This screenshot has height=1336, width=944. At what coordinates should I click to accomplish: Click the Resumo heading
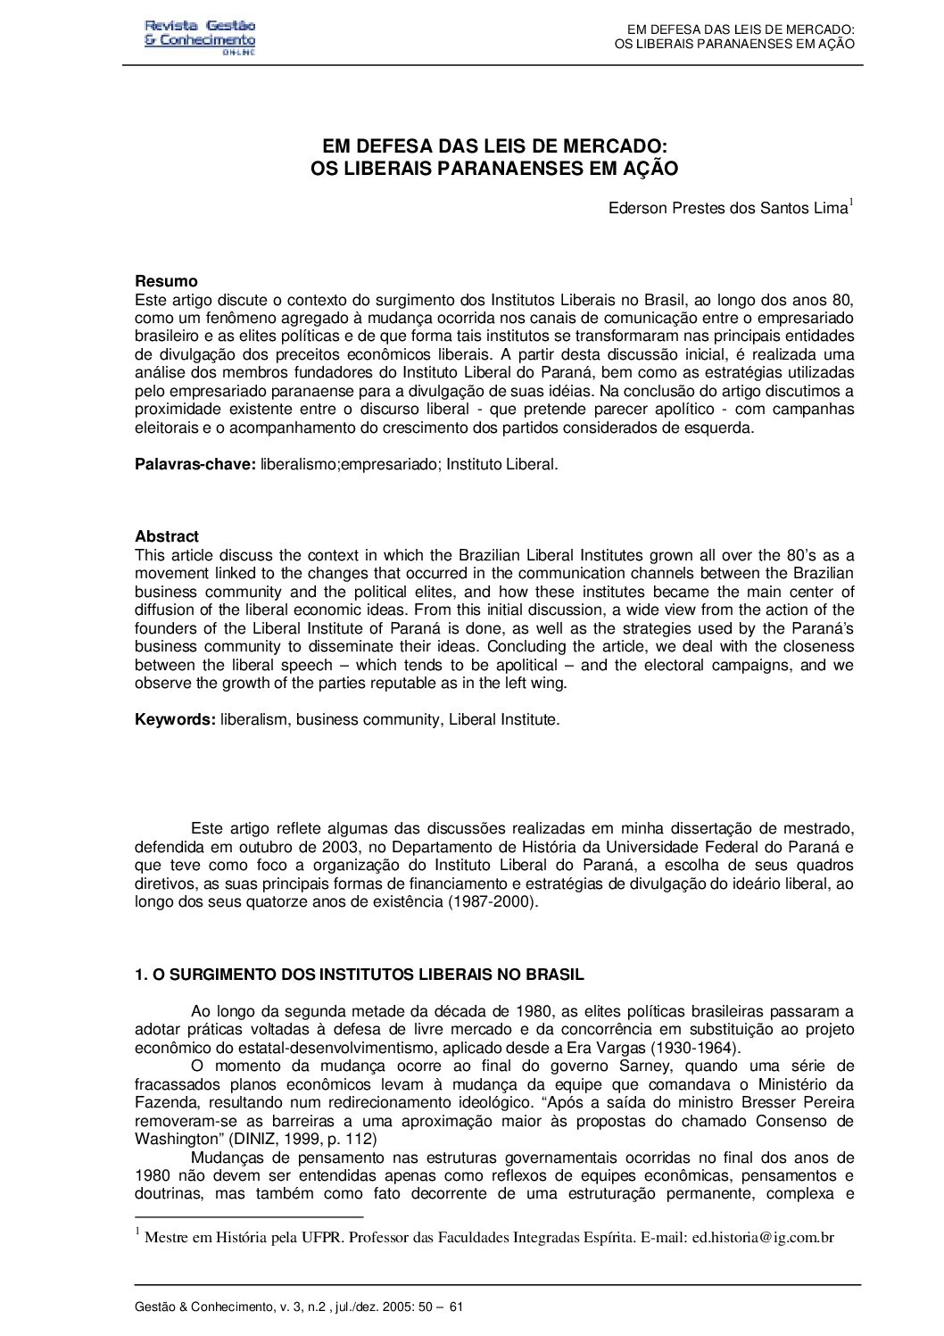click(x=166, y=282)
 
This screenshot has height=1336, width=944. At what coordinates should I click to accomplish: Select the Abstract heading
click(x=167, y=536)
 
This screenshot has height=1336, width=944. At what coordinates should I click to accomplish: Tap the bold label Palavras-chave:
click(x=195, y=464)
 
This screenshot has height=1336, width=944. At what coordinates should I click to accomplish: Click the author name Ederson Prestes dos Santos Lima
click(x=726, y=209)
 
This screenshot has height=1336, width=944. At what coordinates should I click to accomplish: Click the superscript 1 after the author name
click(x=851, y=203)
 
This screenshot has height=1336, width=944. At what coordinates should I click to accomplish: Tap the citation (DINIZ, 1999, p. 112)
click(x=304, y=1139)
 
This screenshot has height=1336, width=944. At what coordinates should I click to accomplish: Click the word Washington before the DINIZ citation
click(x=179, y=1139)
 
